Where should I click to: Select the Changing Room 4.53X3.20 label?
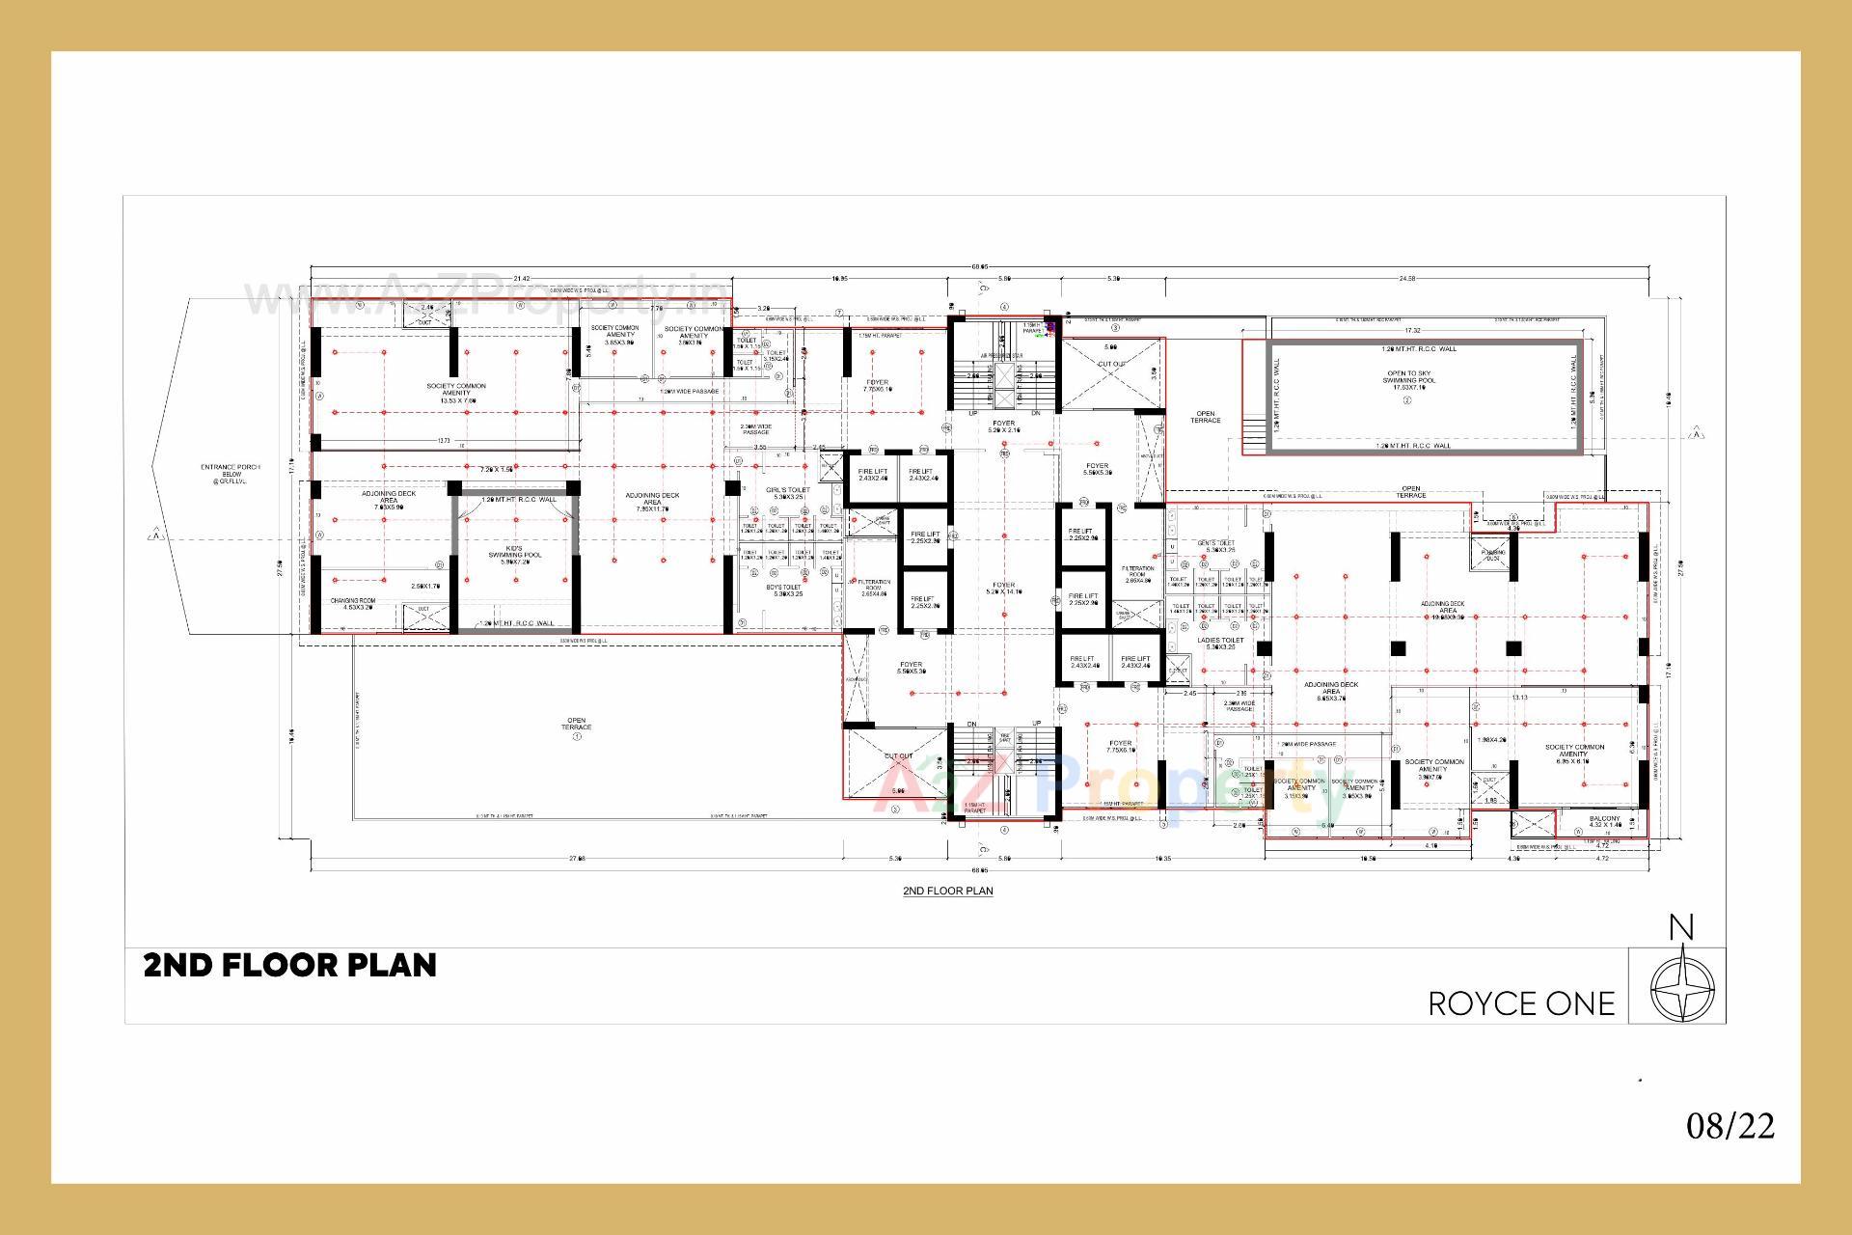tap(352, 605)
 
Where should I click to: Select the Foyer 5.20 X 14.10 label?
tap(1003, 589)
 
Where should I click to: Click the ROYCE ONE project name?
tap(1521, 1003)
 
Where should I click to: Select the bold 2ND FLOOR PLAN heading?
tap(290, 965)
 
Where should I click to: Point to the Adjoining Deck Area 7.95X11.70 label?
tap(652, 499)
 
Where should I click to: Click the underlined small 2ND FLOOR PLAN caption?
tap(947, 891)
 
